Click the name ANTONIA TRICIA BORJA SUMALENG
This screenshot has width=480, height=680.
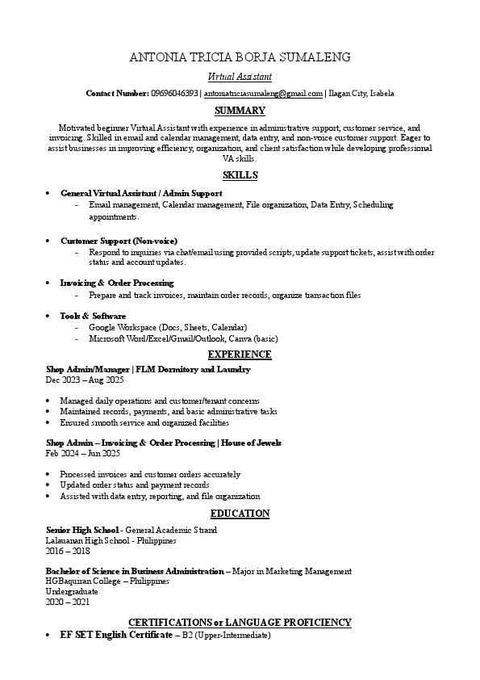coord(240,57)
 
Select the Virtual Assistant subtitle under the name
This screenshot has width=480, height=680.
coord(240,77)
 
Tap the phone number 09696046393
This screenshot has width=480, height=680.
coord(174,94)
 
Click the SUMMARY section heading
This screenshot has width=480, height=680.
coord(240,111)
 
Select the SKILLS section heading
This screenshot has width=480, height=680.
coord(240,175)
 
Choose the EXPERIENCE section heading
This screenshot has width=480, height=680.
coord(240,355)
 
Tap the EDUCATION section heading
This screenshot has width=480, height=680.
coord(240,514)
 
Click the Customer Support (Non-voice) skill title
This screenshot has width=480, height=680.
coord(119,241)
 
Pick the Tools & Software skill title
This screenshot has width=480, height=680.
coord(93,315)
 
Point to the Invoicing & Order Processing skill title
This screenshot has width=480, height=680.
coord(117,283)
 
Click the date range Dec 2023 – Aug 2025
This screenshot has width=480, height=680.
coord(85,380)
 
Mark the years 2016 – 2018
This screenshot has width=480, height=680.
coord(68,551)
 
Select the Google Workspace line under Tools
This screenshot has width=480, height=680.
coord(168,327)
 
